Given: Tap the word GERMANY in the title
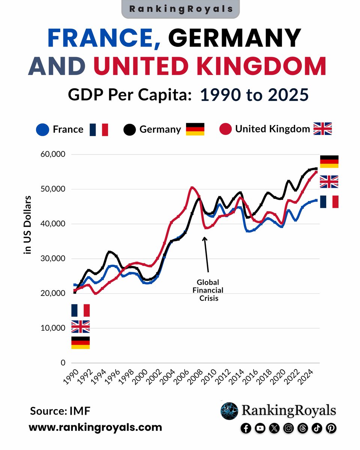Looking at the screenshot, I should [235, 39].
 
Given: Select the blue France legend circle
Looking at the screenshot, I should [42, 130].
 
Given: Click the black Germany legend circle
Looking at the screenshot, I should [129, 130].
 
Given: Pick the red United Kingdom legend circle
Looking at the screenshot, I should [225, 130].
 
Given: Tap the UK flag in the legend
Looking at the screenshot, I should [322, 129].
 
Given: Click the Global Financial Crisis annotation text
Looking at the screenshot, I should [208, 290].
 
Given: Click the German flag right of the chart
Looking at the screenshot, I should [329, 162].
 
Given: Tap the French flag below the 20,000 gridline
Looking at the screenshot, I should [80, 310].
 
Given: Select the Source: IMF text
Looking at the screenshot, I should [60, 411].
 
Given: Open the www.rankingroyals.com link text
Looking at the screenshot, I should [95, 427].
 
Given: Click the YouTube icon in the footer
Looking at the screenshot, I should [259, 428].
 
